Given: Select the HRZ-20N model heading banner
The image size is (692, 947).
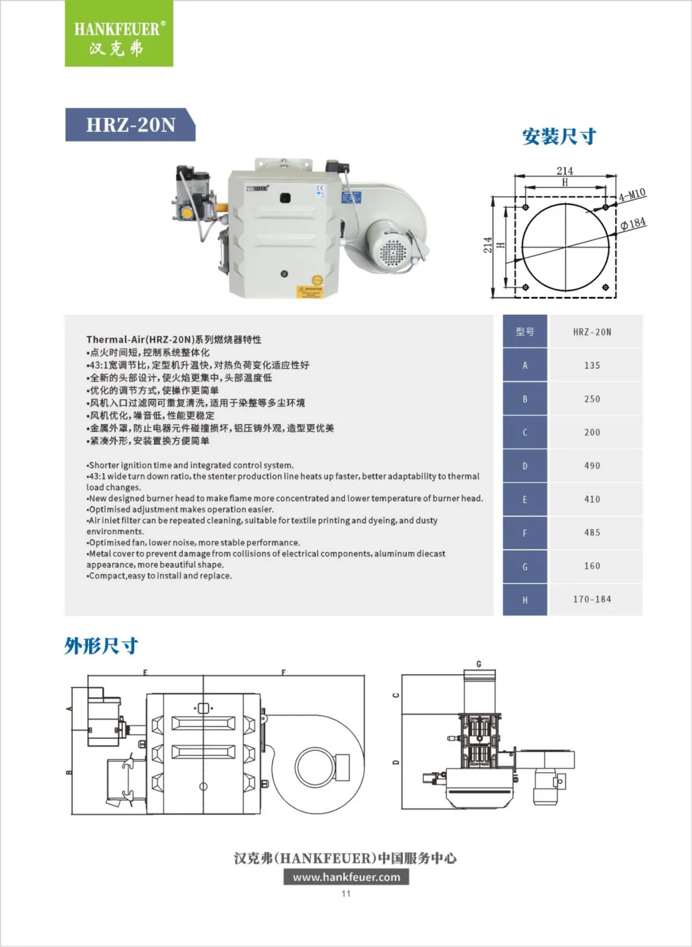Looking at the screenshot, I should pos(130,125).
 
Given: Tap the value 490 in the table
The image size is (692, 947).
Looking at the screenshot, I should pos(592,466).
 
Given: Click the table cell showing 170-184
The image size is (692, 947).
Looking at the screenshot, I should pos(592,600).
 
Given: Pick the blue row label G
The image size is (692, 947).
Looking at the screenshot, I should pos(525,567).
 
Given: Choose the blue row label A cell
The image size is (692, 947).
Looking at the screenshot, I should pos(525,365).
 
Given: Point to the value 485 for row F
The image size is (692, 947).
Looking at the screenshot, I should pos(592,533).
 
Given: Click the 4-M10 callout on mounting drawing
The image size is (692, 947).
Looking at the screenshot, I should pos(632,194).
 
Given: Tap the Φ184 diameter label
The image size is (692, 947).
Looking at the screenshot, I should pos(633,223).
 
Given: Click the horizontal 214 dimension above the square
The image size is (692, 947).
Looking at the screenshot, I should pos(565,171).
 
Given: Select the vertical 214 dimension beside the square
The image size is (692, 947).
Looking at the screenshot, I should pos(488,245).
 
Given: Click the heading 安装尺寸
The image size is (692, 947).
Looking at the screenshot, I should pos(559,137).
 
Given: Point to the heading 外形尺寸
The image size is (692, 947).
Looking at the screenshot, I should pos(101,646).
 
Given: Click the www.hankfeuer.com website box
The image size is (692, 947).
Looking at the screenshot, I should pos(346,877).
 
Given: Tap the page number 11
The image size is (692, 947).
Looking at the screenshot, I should pos(346,893).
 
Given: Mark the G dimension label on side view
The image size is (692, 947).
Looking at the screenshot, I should pos(479,664).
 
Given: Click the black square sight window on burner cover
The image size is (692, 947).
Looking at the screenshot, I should pos(284,199).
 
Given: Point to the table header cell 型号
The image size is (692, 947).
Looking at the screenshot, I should pos(525,332).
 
